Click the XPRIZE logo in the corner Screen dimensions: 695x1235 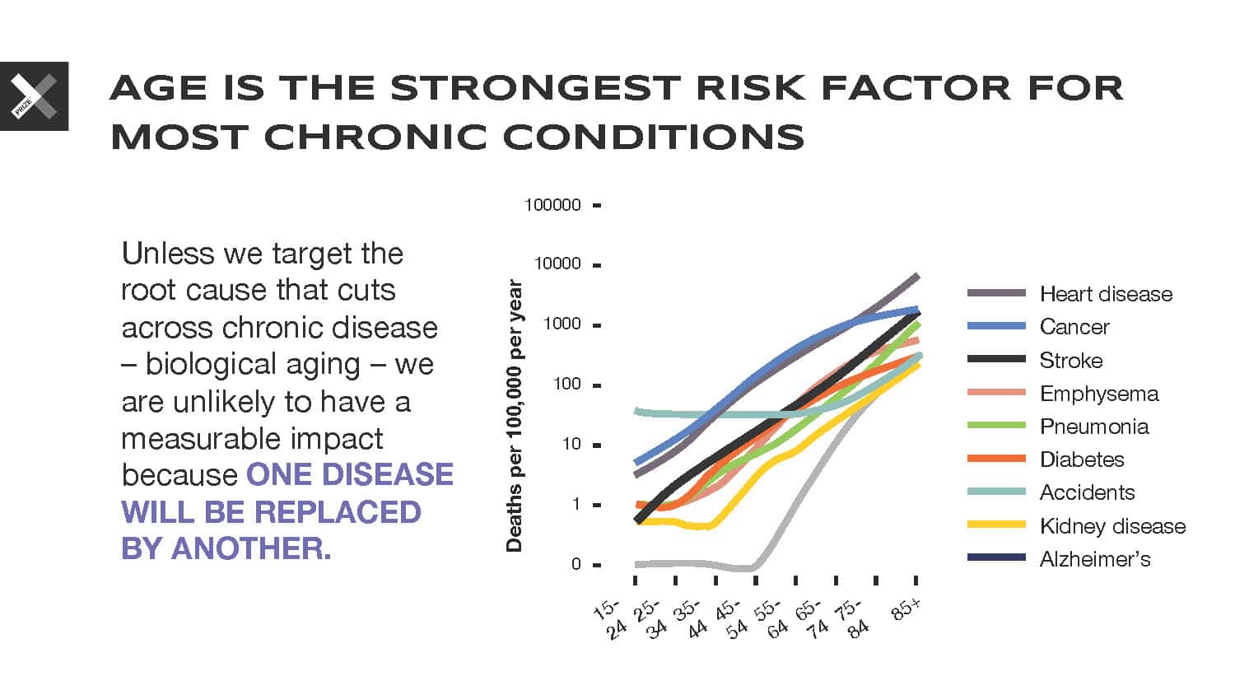(x=34, y=96)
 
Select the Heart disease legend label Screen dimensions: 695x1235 (x=1106, y=294)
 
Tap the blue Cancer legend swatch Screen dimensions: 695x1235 (x=996, y=327)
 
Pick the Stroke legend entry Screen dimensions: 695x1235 (x=1070, y=361)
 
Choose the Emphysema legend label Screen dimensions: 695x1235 (x=1098, y=394)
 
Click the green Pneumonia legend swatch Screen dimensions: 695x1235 (x=996, y=426)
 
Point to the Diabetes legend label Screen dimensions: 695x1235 (x=1081, y=459)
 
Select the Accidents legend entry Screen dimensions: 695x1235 (x=1087, y=492)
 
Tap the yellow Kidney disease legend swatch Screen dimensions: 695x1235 (x=996, y=525)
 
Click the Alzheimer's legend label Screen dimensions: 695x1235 (x=1094, y=559)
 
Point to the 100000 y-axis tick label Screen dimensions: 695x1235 (x=552, y=205)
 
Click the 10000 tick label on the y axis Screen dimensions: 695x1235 (x=557, y=264)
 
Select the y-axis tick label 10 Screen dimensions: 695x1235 (x=571, y=445)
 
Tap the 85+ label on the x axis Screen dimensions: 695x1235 (x=906, y=609)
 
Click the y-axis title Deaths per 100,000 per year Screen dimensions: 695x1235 (x=515, y=416)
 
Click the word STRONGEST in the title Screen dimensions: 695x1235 (x=536, y=88)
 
